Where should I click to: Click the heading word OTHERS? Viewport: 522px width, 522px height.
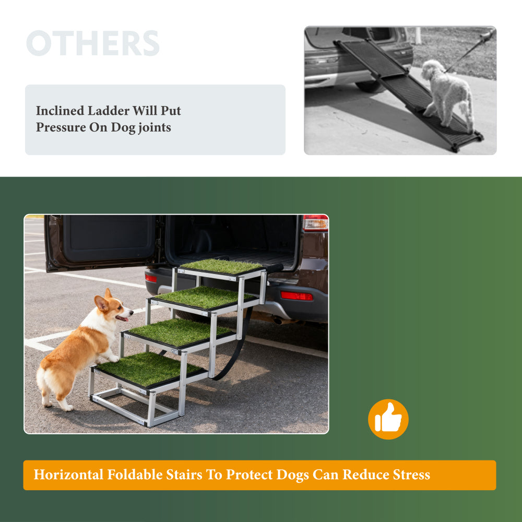coord(93,43)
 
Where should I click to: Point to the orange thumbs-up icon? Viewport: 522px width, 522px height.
coord(388,419)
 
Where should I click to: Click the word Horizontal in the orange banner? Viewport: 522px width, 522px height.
coord(68,474)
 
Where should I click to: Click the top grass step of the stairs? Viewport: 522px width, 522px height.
coord(222,266)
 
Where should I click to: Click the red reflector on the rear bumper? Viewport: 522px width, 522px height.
coord(296,296)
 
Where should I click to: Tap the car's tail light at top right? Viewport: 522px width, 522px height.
coord(315,222)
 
